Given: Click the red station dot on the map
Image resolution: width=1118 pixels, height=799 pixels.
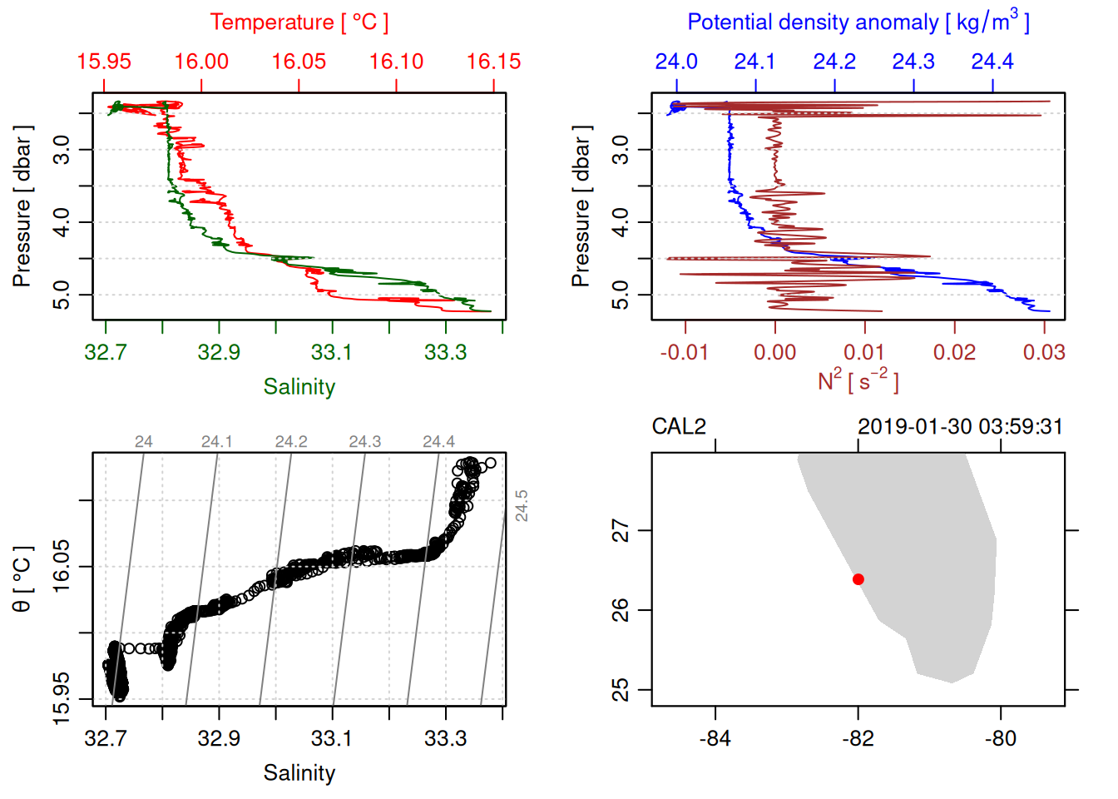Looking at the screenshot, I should pyautogui.click(x=858, y=579).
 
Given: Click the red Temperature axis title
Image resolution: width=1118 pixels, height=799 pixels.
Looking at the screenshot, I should pyautogui.click(x=299, y=22).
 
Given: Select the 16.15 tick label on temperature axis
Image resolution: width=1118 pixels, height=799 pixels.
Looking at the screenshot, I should pyautogui.click(x=493, y=62).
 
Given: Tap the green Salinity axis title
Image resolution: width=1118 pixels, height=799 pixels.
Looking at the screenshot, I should pyautogui.click(x=299, y=387).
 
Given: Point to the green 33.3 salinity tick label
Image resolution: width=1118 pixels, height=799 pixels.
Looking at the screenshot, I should pyautogui.click(x=445, y=353).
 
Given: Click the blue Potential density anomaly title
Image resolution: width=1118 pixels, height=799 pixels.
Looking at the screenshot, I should pyautogui.click(x=858, y=22).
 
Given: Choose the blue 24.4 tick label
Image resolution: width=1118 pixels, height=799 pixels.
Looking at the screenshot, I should pyautogui.click(x=992, y=62).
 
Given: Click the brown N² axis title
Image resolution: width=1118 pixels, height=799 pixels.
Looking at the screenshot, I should pyautogui.click(x=858, y=381).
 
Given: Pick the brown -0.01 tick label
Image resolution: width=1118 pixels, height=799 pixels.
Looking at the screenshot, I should pyautogui.click(x=684, y=353).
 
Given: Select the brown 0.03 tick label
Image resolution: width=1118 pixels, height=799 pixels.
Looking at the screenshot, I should pyautogui.click(x=1044, y=353).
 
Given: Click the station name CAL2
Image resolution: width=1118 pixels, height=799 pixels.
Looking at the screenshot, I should pyautogui.click(x=679, y=427).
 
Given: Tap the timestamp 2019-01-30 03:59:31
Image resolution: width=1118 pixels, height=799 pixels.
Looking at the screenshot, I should pyautogui.click(x=960, y=427).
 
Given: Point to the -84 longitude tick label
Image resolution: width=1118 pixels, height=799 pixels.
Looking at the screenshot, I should pyautogui.click(x=715, y=739).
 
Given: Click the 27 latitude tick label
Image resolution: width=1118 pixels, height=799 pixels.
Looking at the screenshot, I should pyautogui.click(x=621, y=530).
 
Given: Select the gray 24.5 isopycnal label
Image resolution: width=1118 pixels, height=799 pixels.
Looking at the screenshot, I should pyautogui.click(x=522, y=506).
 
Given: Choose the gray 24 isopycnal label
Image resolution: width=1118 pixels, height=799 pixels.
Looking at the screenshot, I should pyautogui.click(x=143, y=442).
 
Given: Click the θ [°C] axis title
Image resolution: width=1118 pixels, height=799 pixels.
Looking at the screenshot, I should pyautogui.click(x=22, y=579).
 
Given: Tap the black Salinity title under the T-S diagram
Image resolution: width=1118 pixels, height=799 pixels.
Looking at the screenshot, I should pyautogui.click(x=299, y=773).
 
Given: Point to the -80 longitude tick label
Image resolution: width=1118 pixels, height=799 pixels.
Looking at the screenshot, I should pyautogui.click(x=1000, y=739).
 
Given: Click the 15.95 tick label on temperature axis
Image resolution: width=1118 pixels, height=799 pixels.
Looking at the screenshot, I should pyautogui.click(x=104, y=62).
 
